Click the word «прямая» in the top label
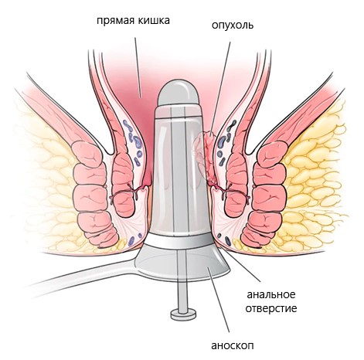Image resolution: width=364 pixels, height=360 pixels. pyautogui.click(x=116, y=21)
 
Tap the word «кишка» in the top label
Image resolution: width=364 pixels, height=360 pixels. pyautogui.click(x=154, y=20)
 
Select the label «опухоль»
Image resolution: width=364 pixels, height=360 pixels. pyautogui.click(x=233, y=25)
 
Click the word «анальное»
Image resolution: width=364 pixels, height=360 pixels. pyautogui.click(x=271, y=294)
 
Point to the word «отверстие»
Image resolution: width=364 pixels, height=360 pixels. pyautogui.click(x=271, y=308)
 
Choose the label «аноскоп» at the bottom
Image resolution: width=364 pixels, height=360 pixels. pyautogui.click(x=233, y=346)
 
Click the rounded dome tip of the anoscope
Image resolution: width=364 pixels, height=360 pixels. pyautogui.click(x=179, y=93)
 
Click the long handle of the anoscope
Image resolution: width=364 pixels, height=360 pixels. pyautogui.click(x=85, y=277)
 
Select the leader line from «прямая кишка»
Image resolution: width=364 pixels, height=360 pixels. pyautogui.click(x=138, y=67)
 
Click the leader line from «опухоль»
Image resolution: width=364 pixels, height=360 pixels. pyautogui.click(x=220, y=88)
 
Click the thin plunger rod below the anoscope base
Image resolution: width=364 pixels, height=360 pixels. pyautogui.click(x=182, y=295)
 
